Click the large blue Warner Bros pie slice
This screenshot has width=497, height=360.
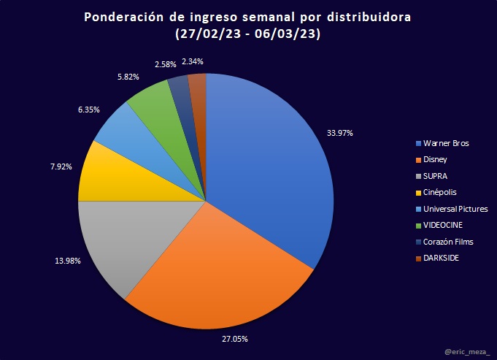(270, 161)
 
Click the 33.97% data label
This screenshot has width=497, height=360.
(339, 133)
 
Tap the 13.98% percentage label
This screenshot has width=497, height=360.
(58, 261)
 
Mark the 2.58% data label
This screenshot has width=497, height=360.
(166, 64)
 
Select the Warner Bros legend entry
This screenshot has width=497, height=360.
(442, 143)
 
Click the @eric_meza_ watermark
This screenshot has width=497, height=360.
(468, 352)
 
